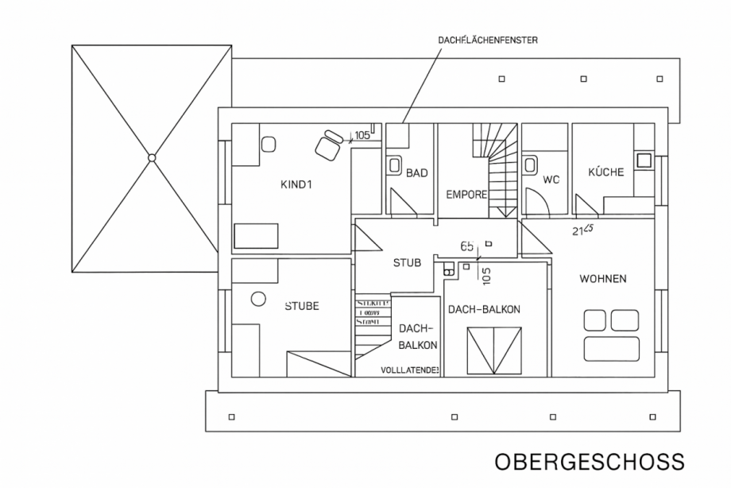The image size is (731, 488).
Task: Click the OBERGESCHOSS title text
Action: click(589, 463)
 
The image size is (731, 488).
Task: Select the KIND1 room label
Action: click(298, 186)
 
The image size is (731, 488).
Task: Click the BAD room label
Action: click(417, 172)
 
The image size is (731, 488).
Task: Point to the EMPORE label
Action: click(466, 194)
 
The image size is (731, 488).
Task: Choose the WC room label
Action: click(551, 180)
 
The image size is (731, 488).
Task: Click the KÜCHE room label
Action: click(605, 172)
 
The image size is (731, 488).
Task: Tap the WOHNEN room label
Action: click(602, 279)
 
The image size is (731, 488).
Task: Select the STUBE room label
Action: click(301, 306)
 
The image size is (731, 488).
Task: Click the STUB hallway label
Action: click(407, 263)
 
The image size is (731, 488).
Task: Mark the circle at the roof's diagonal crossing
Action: click(152, 157)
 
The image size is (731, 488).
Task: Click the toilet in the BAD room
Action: click(395, 165)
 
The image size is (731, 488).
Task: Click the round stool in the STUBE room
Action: click(258, 300)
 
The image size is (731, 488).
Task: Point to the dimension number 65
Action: click(467, 247)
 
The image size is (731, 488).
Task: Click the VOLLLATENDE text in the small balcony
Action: click(410, 370)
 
